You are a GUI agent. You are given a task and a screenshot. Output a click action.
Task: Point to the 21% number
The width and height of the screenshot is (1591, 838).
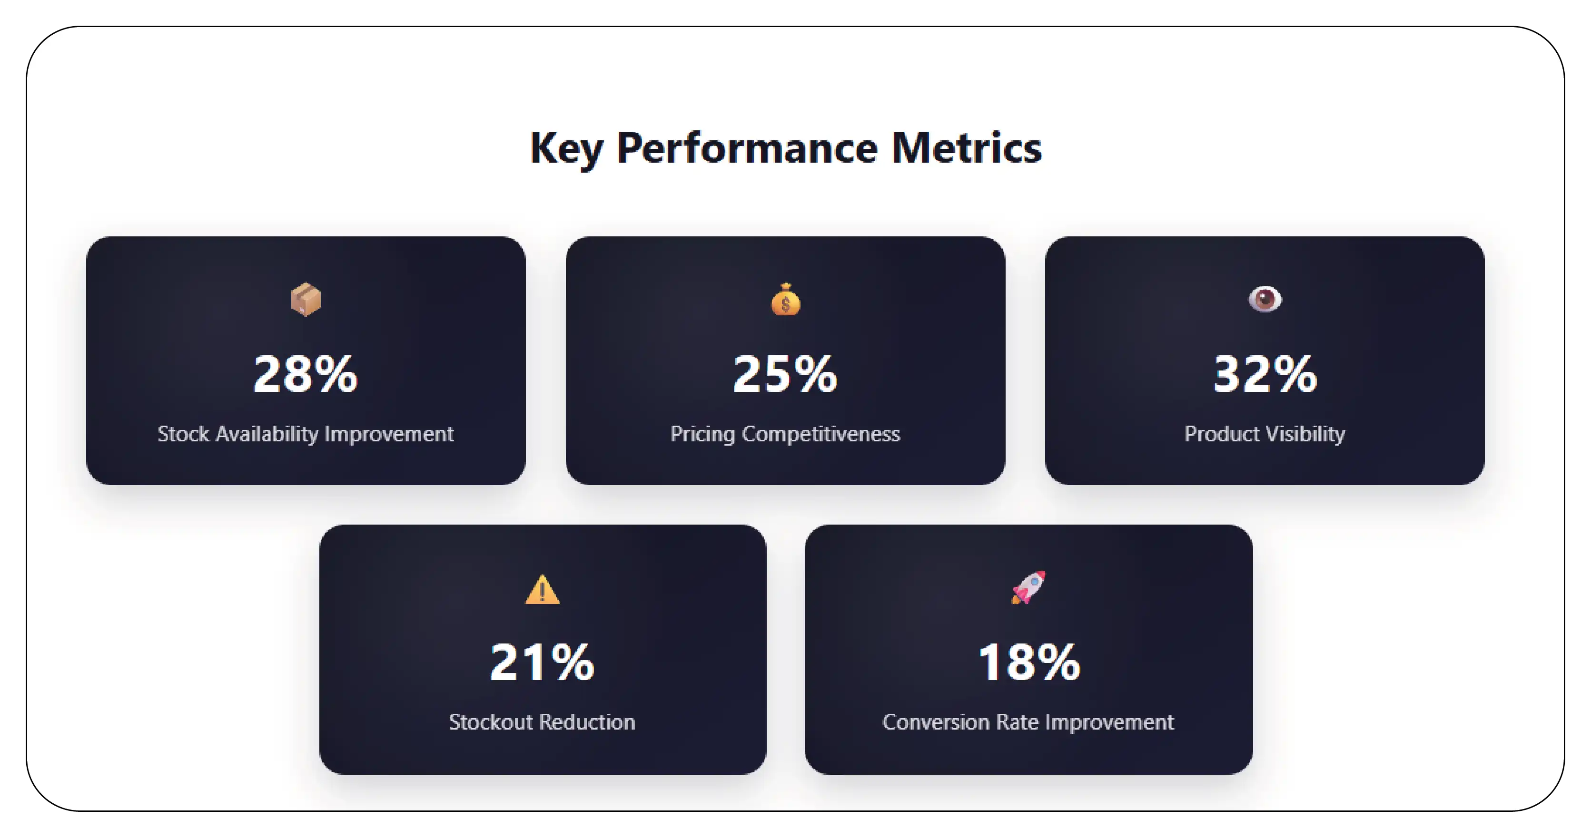(542, 662)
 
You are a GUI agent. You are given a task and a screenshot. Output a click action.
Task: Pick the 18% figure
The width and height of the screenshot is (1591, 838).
(1029, 662)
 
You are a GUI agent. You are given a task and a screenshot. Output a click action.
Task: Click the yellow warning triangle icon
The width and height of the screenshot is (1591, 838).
(542, 589)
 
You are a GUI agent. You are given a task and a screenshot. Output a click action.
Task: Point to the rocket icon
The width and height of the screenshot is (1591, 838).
(1028, 587)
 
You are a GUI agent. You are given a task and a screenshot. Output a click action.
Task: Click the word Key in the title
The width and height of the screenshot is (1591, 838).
(566, 149)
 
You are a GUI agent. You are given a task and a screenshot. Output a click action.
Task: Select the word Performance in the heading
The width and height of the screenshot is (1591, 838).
(747, 149)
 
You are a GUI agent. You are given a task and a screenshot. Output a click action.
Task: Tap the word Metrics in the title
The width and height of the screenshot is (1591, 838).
(966, 149)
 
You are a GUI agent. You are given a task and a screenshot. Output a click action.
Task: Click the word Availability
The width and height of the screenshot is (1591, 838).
(267, 434)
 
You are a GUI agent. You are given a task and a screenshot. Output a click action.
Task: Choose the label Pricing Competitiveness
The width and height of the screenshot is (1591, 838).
(785, 434)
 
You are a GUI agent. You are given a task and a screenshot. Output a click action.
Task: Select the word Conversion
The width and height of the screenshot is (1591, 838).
(935, 722)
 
